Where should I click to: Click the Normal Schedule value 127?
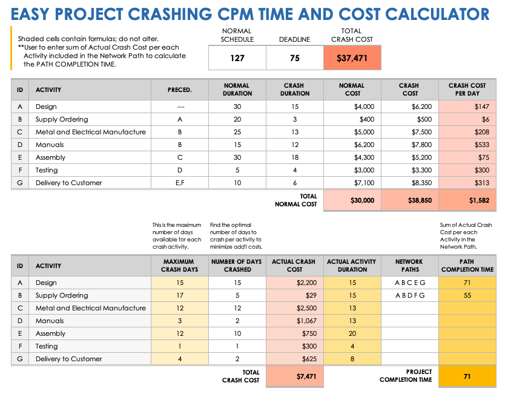(237, 59)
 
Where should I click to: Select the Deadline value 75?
(294, 59)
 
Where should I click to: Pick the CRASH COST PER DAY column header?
(467, 90)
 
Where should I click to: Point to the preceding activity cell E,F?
(180, 183)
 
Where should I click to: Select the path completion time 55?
(467, 295)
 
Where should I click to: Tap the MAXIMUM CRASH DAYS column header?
(179, 266)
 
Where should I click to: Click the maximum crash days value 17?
(179, 295)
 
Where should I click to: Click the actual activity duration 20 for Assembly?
(352, 333)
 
